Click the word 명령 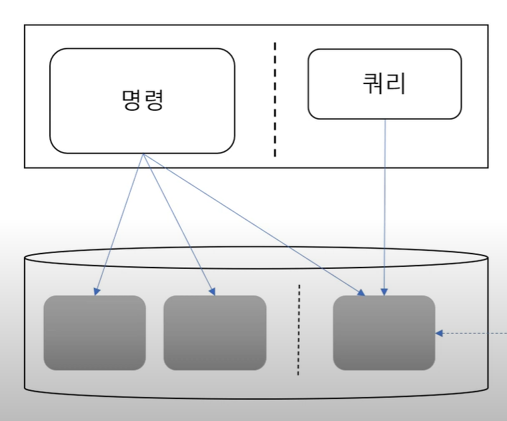[x=142, y=101]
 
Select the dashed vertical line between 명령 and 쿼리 [x=274, y=100]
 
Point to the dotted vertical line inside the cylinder [x=298, y=330]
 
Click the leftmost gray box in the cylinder [x=94, y=332]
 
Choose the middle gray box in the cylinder [x=214, y=332]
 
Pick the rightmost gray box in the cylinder [x=384, y=332]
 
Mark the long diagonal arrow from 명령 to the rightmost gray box [x=253, y=224]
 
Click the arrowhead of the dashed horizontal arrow [x=439, y=334]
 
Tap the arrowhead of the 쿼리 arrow [x=384, y=292]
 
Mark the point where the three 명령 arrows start [x=142, y=155]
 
